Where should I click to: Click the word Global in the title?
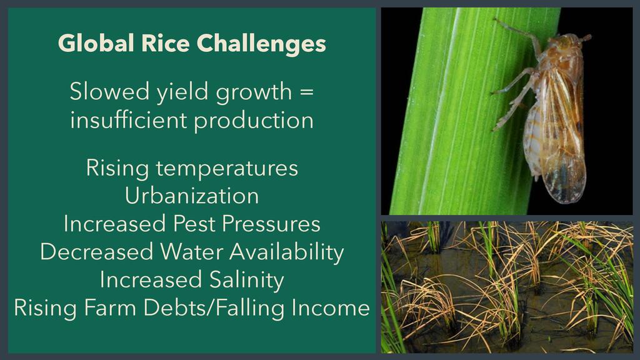(96, 43)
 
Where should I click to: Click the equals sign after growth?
(306, 91)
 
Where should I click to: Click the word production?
(254, 121)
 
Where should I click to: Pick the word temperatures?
(227, 168)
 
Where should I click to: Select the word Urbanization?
(192, 196)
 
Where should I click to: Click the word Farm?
(110, 307)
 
